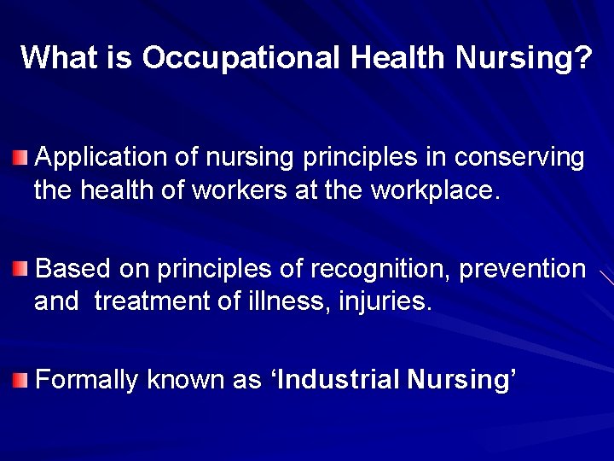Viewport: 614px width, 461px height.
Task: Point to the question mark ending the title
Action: click(x=584, y=58)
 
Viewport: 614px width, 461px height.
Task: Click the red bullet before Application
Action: click(x=20, y=158)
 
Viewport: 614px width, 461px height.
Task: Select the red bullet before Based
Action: click(x=20, y=270)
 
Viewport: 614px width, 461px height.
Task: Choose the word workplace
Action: click(x=432, y=190)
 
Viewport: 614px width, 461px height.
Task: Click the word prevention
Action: click(x=523, y=270)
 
